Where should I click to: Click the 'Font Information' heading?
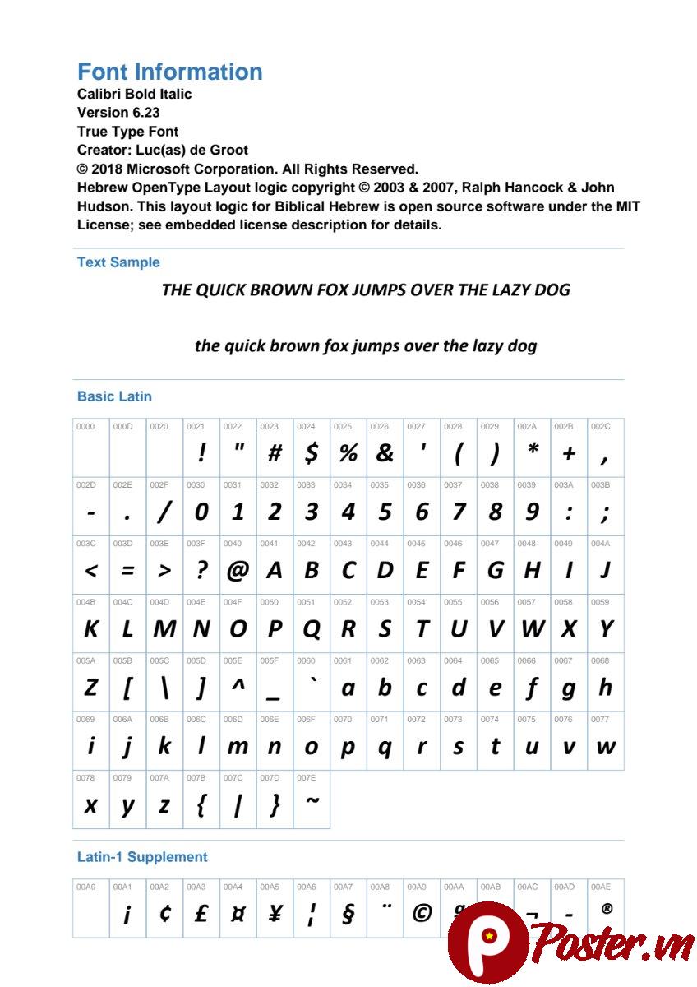click(x=169, y=72)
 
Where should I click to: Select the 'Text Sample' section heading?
click(x=118, y=262)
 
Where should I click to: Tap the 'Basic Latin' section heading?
click(x=114, y=396)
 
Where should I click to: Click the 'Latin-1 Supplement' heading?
click(x=142, y=857)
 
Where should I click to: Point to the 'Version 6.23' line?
click(x=118, y=113)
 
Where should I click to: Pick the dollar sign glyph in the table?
click(x=311, y=452)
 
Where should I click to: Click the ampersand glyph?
click(x=385, y=452)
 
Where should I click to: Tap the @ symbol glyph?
click(x=238, y=570)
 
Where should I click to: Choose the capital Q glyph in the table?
click(x=311, y=629)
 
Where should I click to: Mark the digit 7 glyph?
click(x=458, y=512)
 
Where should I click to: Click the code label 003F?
click(x=196, y=544)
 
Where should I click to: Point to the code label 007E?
click(x=306, y=777)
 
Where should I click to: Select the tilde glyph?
click(x=312, y=801)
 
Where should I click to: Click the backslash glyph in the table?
click(x=164, y=688)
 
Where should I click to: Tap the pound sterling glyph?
click(x=201, y=913)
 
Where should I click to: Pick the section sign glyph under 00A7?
click(x=348, y=914)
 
